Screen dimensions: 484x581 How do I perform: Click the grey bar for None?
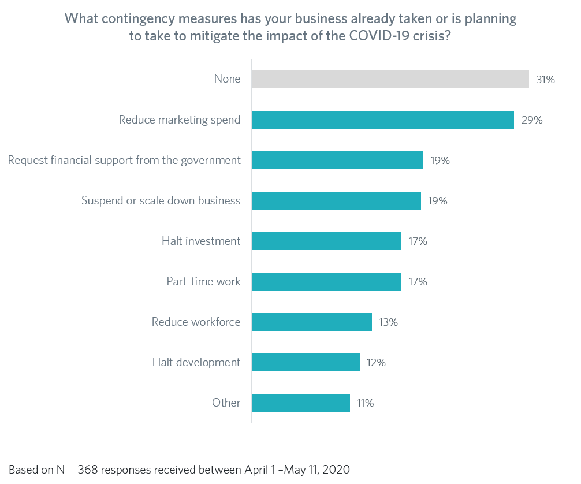(x=390, y=79)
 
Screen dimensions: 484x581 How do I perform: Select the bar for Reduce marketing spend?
(x=382, y=120)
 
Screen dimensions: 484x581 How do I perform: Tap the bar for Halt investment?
(x=326, y=241)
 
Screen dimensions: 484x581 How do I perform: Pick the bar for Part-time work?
(x=326, y=281)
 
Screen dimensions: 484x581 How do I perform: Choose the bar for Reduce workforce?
(x=312, y=322)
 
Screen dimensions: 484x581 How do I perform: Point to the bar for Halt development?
(x=306, y=362)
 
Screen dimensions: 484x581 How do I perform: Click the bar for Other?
(x=301, y=403)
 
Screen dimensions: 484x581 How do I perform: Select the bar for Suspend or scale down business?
(x=336, y=200)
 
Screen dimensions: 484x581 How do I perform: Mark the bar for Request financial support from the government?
(x=337, y=160)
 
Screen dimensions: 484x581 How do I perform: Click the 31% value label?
(x=546, y=80)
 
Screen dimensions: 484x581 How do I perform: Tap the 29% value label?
(x=531, y=120)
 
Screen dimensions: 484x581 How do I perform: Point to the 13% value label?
(x=389, y=322)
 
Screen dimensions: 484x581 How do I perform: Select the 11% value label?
(x=365, y=403)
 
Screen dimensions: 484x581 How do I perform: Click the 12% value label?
(x=376, y=363)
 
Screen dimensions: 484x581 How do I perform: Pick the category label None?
(x=227, y=79)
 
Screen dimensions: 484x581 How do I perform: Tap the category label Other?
(x=226, y=403)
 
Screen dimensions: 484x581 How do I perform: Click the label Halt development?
(x=196, y=362)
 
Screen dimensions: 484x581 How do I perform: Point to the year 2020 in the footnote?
(x=337, y=468)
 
